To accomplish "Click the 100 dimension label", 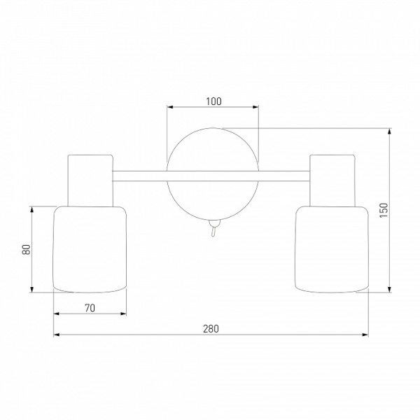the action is click(213, 101).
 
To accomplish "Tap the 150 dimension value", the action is click(384, 210).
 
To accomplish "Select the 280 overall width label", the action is click(211, 329).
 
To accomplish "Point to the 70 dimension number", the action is click(90, 308).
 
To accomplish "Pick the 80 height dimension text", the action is click(27, 250).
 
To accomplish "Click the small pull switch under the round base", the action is click(213, 228).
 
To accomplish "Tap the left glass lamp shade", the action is click(90, 249).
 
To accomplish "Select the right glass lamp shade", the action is click(332, 249).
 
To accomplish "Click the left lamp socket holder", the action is click(90, 181).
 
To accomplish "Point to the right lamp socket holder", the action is click(332, 181).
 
